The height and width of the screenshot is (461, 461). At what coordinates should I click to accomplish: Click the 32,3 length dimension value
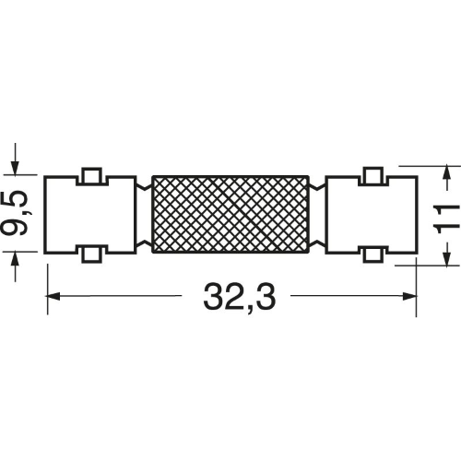tap(240, 297)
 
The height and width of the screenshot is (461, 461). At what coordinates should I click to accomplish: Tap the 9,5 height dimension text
tap(15, 213)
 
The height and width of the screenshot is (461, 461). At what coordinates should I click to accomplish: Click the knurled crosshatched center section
tap(230, 215)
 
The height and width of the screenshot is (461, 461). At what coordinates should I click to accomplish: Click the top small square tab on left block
tap(91, 175)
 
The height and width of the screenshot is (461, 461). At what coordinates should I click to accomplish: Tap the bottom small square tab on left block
tap(91, 254)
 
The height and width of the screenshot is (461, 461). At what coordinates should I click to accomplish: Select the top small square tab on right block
tap(373, 175)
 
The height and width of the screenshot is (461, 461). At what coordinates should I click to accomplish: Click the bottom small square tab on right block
tap(373, 254)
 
